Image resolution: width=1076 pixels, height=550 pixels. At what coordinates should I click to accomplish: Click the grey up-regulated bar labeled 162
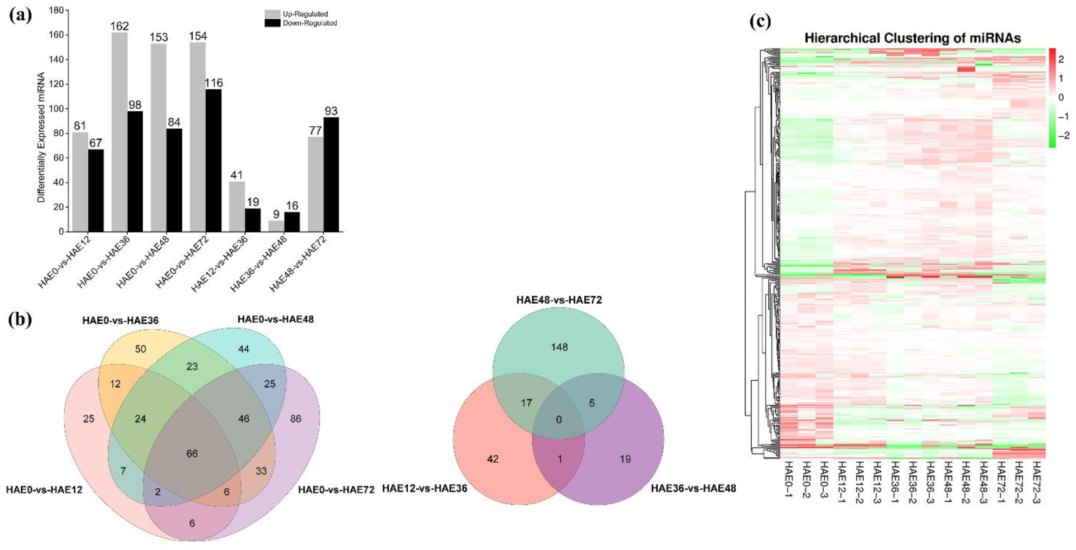pyautogui.click(x=119, y=132)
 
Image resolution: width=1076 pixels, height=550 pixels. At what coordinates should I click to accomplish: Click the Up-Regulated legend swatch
pyautogui.click(x=272, y=14)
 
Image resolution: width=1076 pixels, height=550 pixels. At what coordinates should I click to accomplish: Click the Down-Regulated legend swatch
pyautogui.click(x=272, y=23)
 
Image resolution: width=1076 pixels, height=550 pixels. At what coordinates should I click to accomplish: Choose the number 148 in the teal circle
pyautogui.click(x=559, y=347)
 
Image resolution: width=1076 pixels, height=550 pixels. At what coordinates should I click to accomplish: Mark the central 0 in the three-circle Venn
pyautogui.click(x=559, y=419)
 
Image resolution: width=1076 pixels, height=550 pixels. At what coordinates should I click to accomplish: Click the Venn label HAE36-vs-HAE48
pyautogui.click(x=693, y=488)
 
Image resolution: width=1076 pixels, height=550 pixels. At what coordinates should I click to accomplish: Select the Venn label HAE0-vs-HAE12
pyautogui.click(x=44, y=489)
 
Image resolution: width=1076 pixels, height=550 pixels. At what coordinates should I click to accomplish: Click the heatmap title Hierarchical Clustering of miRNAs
pyautogui.click(x=912, y=38)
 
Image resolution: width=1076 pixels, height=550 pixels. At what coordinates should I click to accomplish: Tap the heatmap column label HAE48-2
pyautogui.click(x=965, y=482)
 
